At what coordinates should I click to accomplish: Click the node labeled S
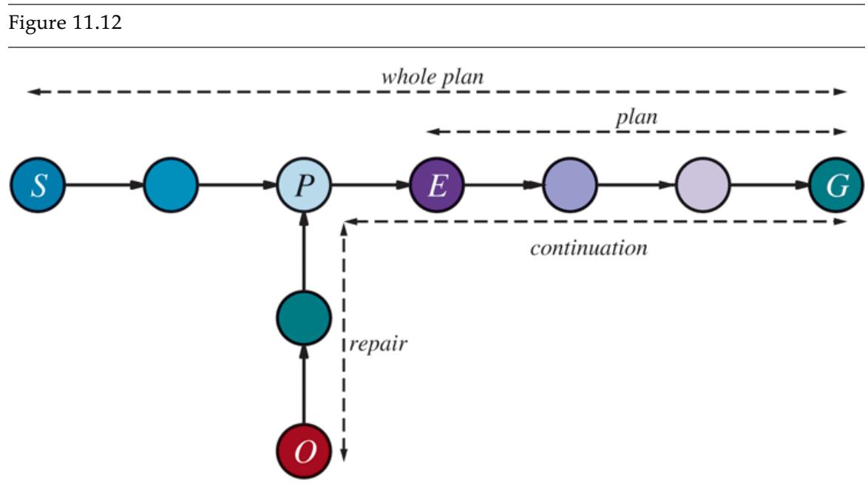[38, 185]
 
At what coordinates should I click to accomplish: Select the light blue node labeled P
[304, 185]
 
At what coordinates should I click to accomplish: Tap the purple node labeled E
[437, 185]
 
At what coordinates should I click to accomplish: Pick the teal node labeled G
[835, 185]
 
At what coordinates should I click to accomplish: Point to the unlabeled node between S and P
[171, 185]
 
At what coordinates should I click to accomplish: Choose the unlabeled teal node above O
[303, 318]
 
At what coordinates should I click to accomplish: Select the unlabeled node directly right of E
[570, 185]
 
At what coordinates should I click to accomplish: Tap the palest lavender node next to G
[702, 185]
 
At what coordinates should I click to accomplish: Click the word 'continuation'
[589, 248]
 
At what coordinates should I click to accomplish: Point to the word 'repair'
[378, 344]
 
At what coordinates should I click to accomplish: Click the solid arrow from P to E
[370, 185]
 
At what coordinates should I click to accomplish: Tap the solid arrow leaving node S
[104, 185]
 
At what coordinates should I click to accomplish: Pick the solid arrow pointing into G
[769, 185]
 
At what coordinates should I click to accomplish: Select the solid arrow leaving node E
[503, 185]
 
